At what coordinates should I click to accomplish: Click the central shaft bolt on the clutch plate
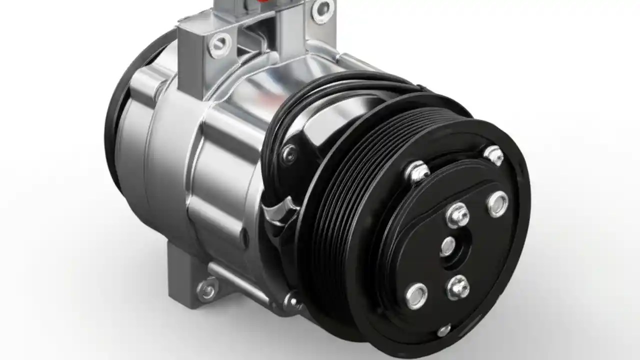(x=448, y=246)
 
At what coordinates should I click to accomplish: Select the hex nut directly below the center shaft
(x=457, y=287)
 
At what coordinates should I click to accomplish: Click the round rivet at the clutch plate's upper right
(x=497, y=204)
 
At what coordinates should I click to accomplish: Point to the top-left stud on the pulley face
(x=417, y=171)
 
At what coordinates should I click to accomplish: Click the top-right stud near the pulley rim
(x=493, y=155)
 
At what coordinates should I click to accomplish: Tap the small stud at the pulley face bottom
(x=443, y=330)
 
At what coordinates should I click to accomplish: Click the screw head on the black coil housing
(x=288, y=153)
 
